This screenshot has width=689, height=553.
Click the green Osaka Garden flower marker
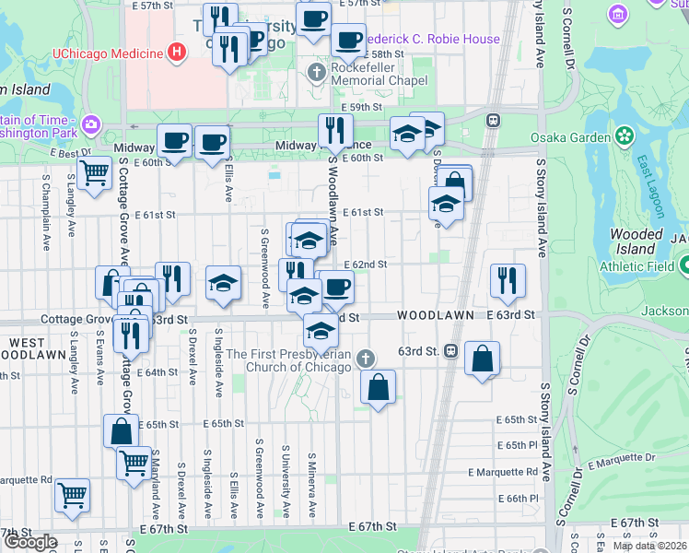coord(625,137)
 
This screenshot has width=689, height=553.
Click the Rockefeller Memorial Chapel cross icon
coord(317,72)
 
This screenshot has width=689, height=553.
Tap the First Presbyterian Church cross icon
coord(366,359)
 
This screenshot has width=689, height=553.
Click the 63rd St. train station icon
coord(450,351)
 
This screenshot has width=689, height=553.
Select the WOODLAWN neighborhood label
coord(436,315)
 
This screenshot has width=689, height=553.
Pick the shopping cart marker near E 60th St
coord(94,172)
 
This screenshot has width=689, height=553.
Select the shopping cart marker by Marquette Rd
coord(72,495)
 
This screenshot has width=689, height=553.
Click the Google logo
coord(30,542)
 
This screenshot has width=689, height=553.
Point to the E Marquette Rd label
coord(502,472)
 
